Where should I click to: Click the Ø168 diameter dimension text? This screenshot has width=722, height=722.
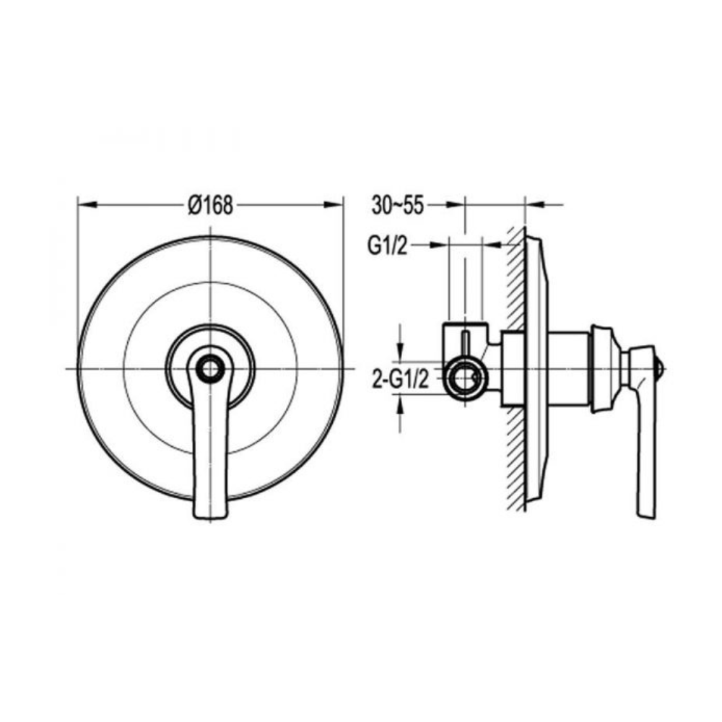(210, 206)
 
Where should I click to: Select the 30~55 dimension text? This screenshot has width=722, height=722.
(397, 206)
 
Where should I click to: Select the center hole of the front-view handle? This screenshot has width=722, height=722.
(210, 369)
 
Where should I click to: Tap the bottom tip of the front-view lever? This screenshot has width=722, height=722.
(210, 514)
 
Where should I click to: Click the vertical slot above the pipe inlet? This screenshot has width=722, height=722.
(466, 344)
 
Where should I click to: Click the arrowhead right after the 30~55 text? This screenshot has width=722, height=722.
(454, 206)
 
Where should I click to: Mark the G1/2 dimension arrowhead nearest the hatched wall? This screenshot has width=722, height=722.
(491, 245)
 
